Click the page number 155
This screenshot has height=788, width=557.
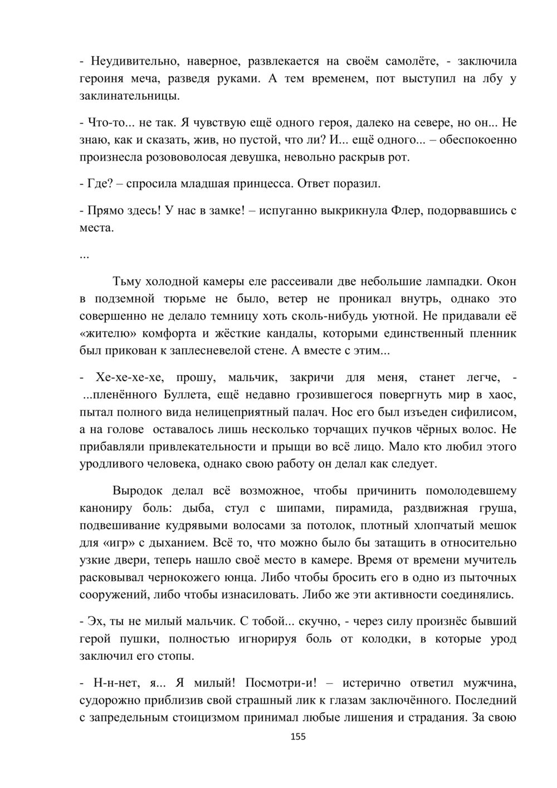(298, 737)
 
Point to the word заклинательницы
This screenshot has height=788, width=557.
(130, 95)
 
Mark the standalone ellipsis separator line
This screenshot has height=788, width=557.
(84, 256)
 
